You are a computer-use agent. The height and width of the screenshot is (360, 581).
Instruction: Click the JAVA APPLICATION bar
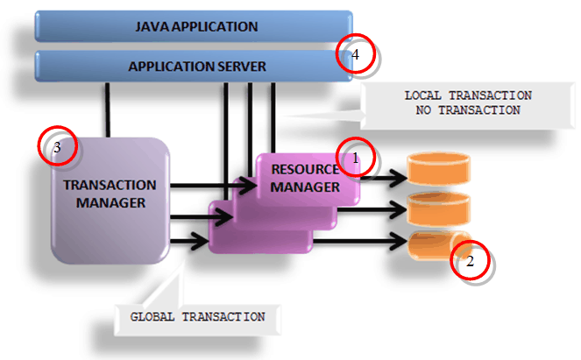193,26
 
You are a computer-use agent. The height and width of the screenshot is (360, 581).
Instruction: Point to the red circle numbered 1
355,158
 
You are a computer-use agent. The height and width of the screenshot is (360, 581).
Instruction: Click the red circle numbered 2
470,260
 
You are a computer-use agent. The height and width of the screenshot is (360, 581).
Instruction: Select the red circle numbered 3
58,147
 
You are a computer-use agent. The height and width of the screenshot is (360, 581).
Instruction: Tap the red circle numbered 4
356,55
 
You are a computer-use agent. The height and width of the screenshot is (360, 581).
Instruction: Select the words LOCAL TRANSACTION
468,95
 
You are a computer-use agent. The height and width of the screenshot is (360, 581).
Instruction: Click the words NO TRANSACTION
468,110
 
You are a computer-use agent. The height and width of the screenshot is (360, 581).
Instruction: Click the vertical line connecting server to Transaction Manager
109,109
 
